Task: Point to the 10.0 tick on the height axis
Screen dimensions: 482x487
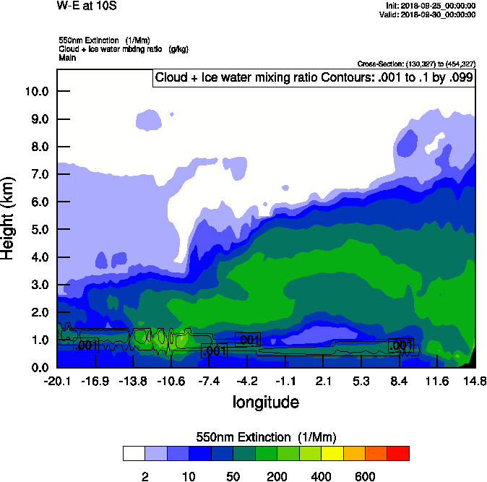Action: [37, 92]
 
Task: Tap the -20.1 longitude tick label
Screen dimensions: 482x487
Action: [56, 381]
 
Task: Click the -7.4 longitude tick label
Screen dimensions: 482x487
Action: [208, 381]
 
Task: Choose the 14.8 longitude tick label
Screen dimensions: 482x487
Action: [474, 381]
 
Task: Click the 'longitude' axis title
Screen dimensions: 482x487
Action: [265, 402]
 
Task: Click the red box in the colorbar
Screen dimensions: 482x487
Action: [398, 454]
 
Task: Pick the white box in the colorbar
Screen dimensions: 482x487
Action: [134, 454]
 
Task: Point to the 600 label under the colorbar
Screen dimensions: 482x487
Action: [365, 476]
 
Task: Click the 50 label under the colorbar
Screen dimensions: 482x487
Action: [233, 476]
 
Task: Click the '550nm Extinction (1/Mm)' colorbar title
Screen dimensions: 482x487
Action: [266, 437]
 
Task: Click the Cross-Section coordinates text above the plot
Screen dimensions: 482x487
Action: [416, 64]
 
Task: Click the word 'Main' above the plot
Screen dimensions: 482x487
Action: [68, 56]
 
